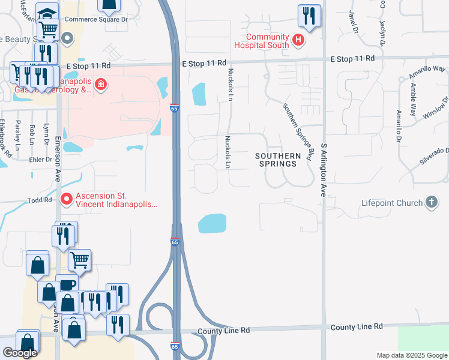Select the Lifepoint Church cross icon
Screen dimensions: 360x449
pos(431,203)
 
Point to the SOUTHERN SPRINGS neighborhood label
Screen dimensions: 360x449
pos(277,160)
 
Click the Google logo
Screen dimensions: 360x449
pos(20,353)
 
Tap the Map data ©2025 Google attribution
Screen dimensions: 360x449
pos(411,355)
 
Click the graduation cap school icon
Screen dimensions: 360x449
pos(47,12)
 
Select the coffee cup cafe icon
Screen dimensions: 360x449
pos(67,284)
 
